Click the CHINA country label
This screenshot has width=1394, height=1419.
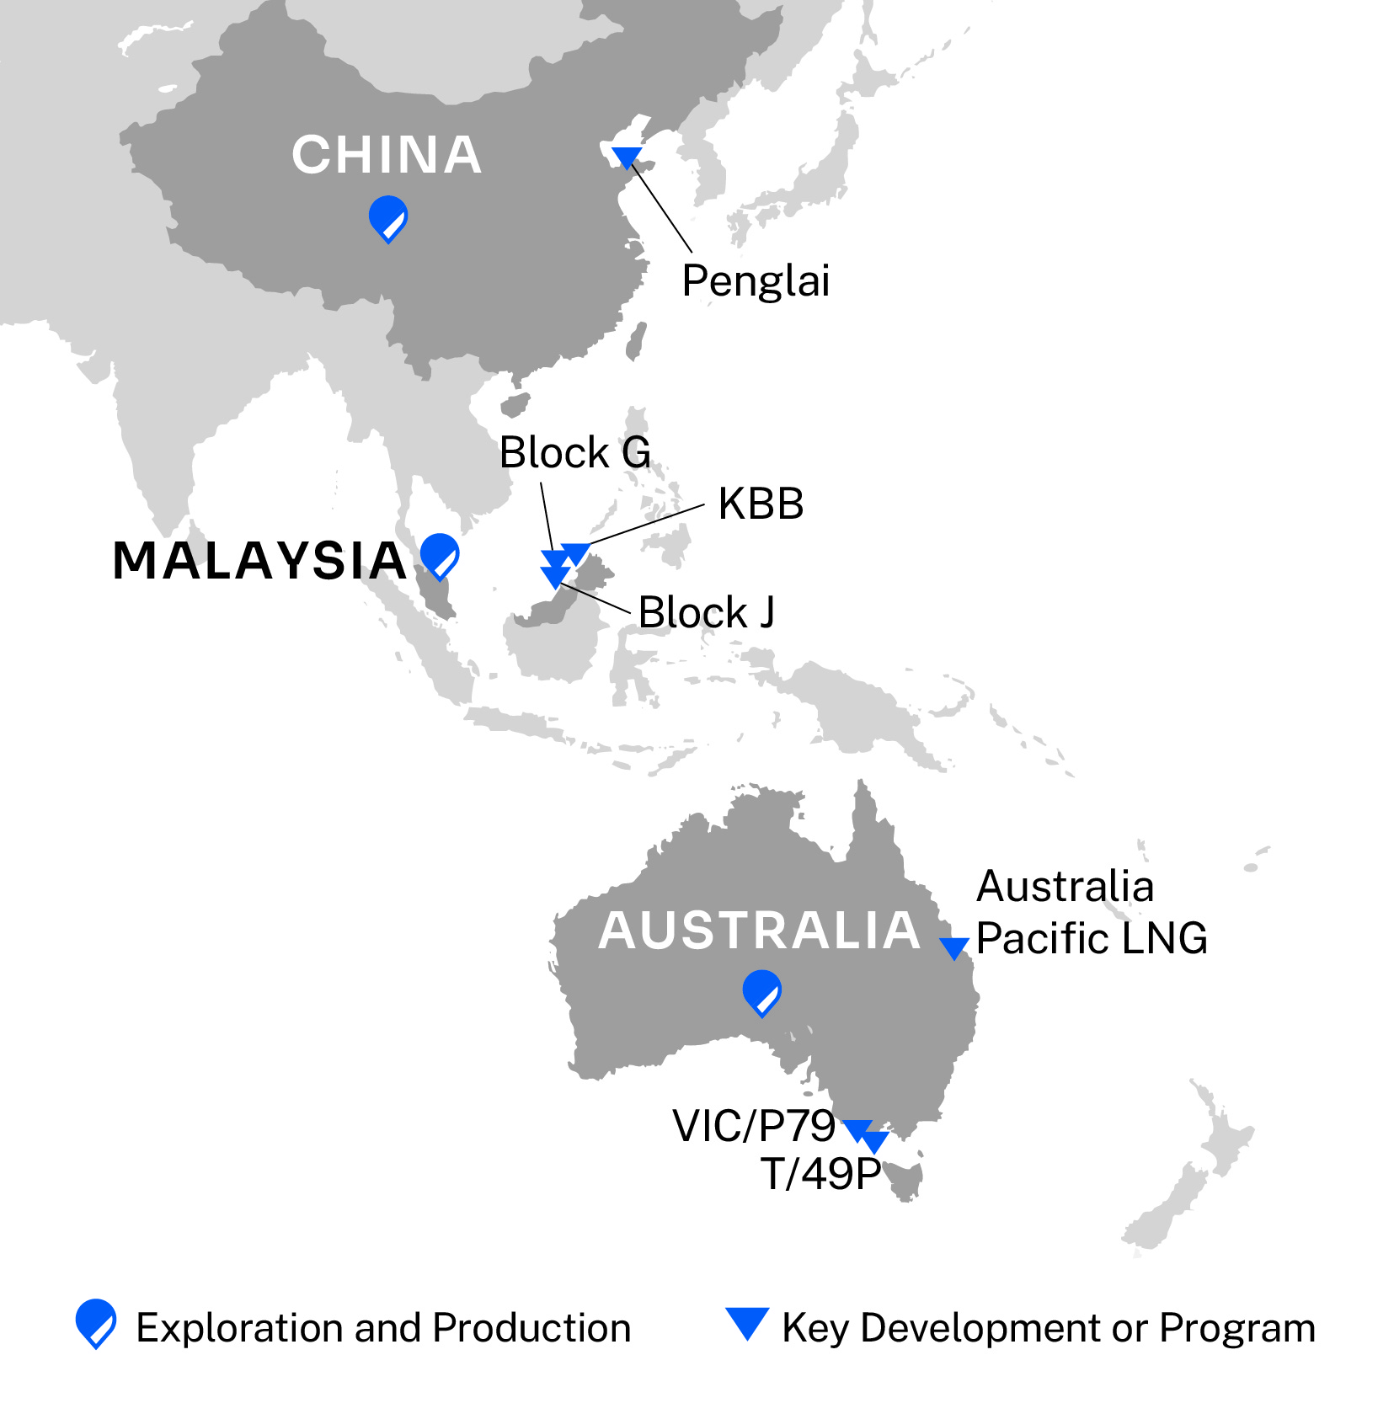(x=387, y=155)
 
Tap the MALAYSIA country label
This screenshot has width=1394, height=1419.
(x=259, y=561)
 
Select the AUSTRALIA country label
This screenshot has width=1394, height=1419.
(x=760, y=931)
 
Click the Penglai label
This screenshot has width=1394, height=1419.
(x=756, y=280)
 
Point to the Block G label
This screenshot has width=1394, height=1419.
(x=574, y=453)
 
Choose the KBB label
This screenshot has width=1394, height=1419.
(x=761, y=504)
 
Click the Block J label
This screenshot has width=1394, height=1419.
(x=706, y=612)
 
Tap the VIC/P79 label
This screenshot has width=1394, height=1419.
(x=753, y=1126)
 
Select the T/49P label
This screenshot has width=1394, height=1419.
(x=820, y=1173)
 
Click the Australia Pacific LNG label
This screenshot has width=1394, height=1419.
(x=1091, y=912)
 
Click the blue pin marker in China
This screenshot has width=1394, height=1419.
(x=388, y=217)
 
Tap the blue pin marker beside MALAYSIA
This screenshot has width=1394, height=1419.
(x=440, y=554)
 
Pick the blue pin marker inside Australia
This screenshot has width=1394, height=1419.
(x=762, y=991)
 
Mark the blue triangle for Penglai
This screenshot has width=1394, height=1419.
(x=627, y=156)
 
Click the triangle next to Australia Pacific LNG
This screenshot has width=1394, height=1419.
(x=954, y=947)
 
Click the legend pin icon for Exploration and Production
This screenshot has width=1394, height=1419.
(x=96, y=1321)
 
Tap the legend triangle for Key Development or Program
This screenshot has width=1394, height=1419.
(x=747, y=1321)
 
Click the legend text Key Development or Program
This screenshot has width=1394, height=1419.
(x=1049, y=1328)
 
